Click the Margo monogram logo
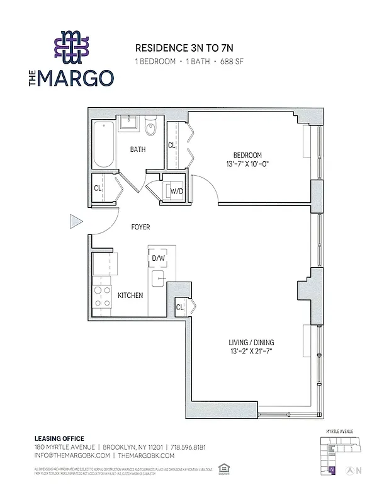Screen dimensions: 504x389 tap(70, 47)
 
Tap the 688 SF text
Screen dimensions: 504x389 tap(231, 62)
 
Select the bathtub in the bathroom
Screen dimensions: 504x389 tap(103, 145)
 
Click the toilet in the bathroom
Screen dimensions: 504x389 tap(150, 129)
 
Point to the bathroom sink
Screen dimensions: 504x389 tap(129, 123)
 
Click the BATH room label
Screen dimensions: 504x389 tap(138, 149)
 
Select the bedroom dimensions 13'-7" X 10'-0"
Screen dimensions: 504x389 tap(247, 165)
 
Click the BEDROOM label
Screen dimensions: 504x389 tap(247, 155)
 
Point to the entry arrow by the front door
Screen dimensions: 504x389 tap(76, 221)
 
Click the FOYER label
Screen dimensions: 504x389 tap(140, 227)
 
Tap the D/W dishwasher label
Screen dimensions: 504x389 tap(158, 258)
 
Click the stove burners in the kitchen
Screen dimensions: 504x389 tap(101, 296)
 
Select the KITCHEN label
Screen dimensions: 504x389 tap(130, 295)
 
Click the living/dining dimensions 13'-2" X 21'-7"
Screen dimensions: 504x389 tap(251, 352)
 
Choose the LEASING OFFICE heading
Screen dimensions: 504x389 tap(59, 438)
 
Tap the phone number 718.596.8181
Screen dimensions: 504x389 tap(187, 447)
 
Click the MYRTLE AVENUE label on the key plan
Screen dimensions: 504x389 tap(340, 432)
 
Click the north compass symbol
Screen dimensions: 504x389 tap(358, 470)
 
